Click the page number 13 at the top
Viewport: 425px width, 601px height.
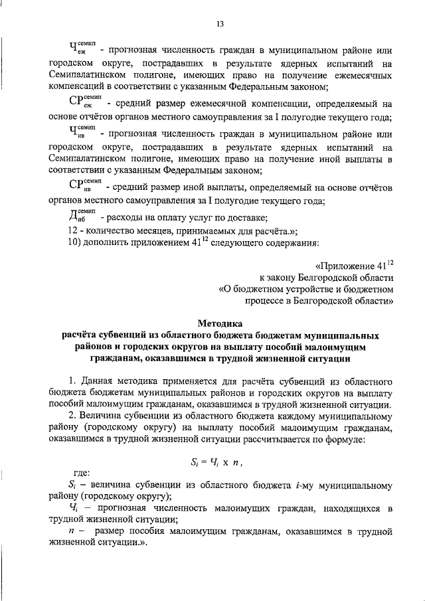click(x=220, y=25)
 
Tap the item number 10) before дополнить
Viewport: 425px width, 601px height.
click(x=75, y=242)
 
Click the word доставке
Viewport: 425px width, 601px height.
click(x=244, y=218)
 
